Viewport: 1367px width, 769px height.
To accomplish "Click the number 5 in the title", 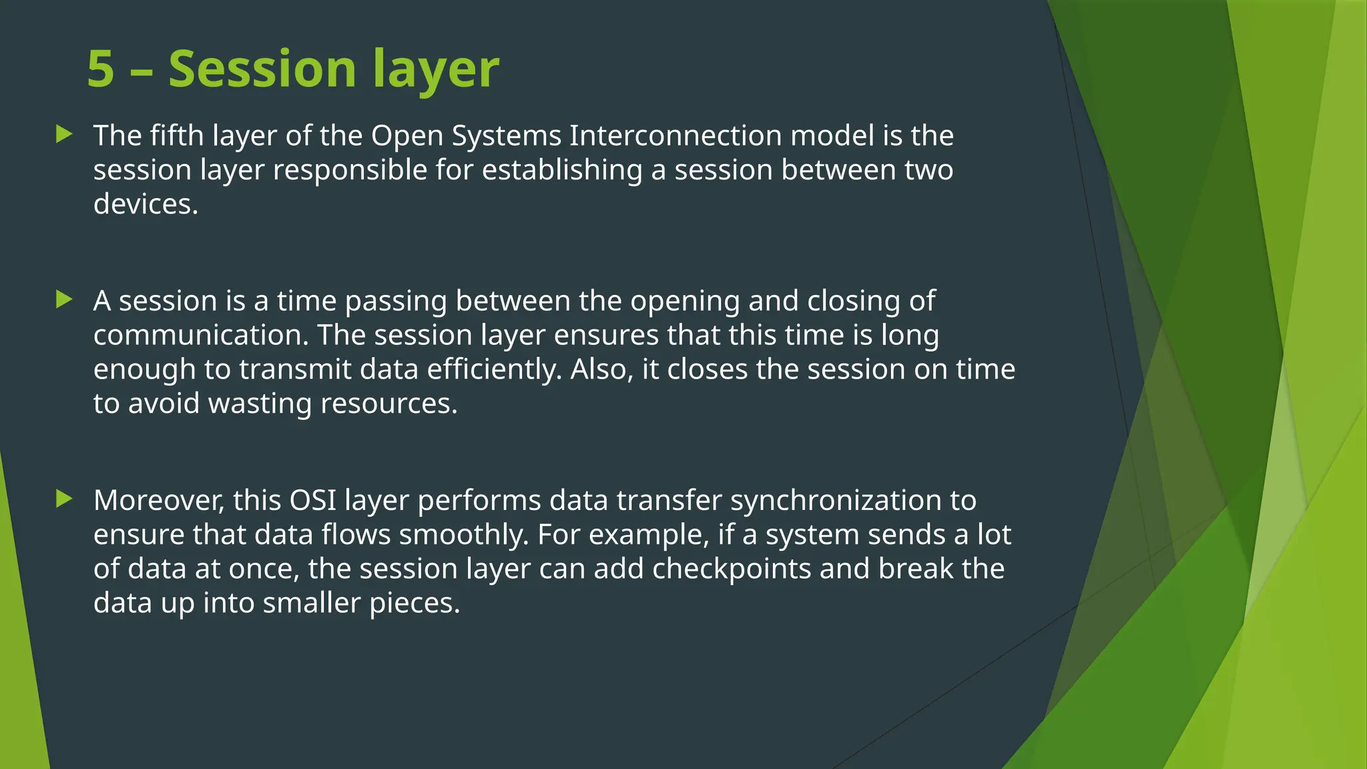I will click(x=101, y=69).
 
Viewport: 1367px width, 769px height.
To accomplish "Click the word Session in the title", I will click(x=262, y=69).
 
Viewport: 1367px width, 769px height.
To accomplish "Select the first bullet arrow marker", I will click(x=65, y=134).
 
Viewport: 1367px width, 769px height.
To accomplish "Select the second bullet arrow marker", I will click(x=65, y=299).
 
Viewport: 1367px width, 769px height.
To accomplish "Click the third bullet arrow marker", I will click(x=65, y=499).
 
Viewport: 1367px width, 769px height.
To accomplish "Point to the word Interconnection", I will click(x=675, y=136).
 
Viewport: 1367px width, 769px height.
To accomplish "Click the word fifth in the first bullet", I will click(x=176, y=136).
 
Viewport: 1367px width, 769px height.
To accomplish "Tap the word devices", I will click(x=146, y=204).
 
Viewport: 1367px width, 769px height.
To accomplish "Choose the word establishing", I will click(x=562, y=170).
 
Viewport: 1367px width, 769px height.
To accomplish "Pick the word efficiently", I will click(x=494, y=370).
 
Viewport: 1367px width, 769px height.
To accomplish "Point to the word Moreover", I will click(x=159, y=501).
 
